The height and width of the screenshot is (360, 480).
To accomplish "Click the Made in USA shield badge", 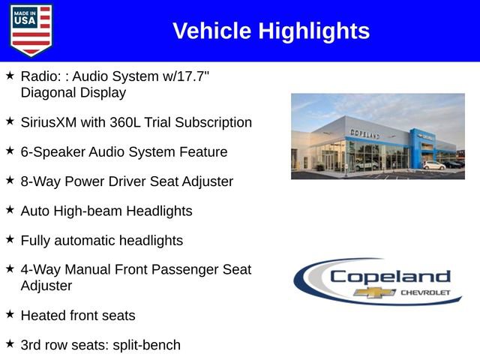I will tap(31, 30).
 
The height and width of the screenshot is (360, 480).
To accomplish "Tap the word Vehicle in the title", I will tap(212, 31).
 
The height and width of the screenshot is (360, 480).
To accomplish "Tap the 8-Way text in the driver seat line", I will tap(42, 181).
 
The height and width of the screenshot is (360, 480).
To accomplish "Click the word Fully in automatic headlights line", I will tap(35, 241).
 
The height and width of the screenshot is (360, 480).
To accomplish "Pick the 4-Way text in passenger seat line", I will tap(42, 270).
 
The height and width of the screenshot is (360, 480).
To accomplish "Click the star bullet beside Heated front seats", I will tap(10, 314).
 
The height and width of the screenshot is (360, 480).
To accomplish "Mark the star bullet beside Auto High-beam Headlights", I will tap(10, 210).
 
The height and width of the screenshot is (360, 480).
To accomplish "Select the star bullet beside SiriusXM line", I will tap(10, 121).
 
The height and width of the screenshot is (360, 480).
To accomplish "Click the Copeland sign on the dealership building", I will tap(365, 133).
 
